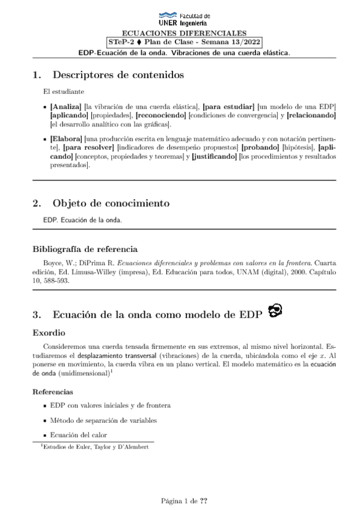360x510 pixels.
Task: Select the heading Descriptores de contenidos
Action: pyautogui.click(x=118, y=75)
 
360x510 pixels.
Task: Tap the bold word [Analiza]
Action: pyautogui.click(x=66, y=106)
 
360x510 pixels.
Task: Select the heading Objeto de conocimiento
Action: pyautogui.click(x=111, y=203)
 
